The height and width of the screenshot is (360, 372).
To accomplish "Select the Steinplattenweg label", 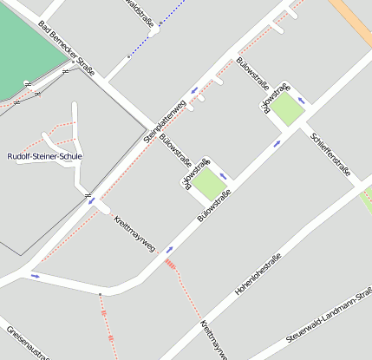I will pos(165,121).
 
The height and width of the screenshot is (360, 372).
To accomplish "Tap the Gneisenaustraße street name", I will pos(26,343).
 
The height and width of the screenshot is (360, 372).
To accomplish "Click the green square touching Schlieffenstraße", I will pos(290,109).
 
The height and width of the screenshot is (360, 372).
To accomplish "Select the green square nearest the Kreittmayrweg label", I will pos(207,183).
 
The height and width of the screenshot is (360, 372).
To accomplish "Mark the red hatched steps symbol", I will pos(171,262).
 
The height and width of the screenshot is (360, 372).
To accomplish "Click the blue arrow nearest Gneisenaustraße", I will pos(36,276).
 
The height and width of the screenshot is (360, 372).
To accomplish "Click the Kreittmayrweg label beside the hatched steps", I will pos(134,233).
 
